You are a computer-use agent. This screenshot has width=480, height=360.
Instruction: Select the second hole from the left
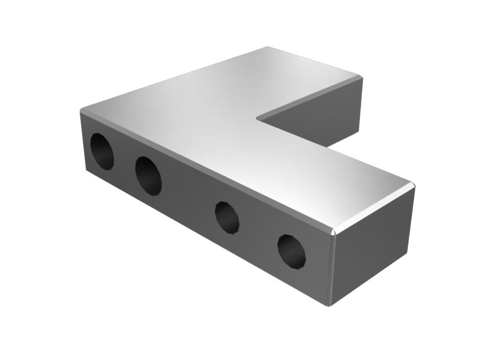pos(148,175)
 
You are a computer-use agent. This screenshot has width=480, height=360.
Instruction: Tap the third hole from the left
pos(227,216)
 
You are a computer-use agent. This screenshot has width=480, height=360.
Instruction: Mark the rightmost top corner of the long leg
pos(414,183)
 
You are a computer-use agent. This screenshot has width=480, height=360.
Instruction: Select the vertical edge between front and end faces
pos(334,270)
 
